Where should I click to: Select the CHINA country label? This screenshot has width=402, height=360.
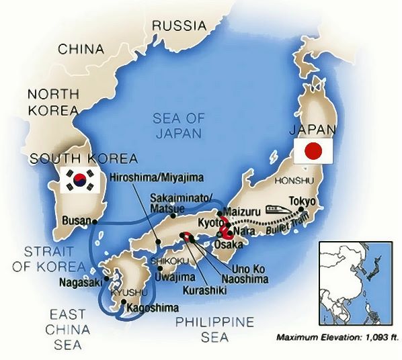(81, 49)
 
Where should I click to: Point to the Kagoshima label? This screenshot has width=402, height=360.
(155, 308)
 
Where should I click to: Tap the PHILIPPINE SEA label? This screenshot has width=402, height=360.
(215, 328)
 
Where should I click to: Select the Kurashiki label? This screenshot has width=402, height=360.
(203, 289)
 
